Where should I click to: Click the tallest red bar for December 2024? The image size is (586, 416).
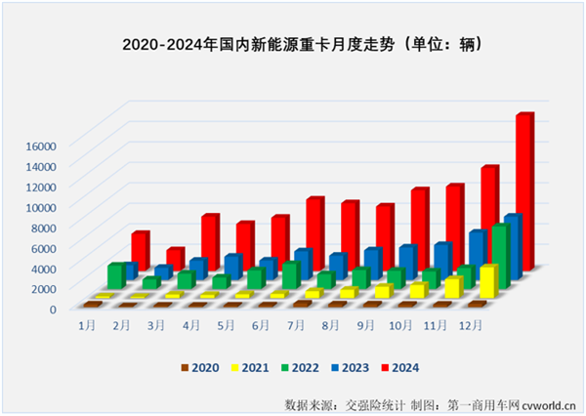[x=524, y=190]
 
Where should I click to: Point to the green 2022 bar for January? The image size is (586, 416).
[x=116, y=275]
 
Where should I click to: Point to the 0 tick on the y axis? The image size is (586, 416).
[x=56, y=308]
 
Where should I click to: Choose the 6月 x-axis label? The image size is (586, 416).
[x=262, y=323]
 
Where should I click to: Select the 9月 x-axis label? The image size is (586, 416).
[x=365, y=323]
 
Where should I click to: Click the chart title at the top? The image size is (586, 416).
[x=303, y=45]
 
